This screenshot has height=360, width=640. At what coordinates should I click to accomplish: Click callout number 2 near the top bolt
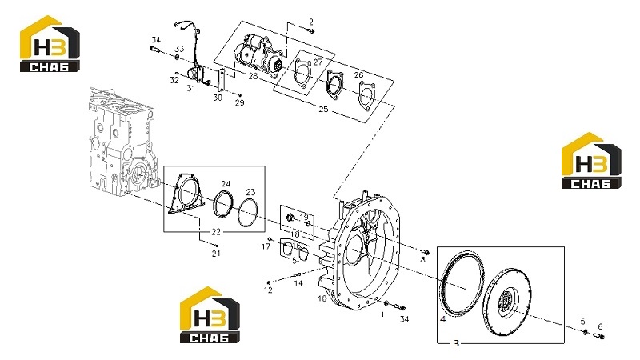(x=311, y=22)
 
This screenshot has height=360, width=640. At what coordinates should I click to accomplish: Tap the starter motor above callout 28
(x=258, y=55)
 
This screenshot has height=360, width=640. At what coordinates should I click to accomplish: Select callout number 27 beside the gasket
(x=318, y=62)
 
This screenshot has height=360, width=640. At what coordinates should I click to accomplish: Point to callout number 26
(x=358, y=75)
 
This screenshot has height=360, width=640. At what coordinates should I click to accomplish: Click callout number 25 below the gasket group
(x=323, y=110)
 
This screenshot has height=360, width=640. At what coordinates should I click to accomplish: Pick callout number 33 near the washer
(x=179, y=49)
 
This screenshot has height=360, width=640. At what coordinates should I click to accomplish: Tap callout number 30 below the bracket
(x=218, y=98)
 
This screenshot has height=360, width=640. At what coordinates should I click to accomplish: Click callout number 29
(x=239, y=103)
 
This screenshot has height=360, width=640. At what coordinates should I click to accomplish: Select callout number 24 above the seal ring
(x=226, y=184)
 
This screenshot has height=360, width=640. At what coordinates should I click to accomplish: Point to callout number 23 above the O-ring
(x=250, y=192)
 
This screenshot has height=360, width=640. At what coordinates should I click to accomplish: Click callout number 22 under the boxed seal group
(x=216, y=232)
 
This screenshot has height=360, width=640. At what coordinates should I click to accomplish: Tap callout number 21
(x=216, y=254)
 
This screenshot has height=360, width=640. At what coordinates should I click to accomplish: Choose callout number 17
(x=266, y=246)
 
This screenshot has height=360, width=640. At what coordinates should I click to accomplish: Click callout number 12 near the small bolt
(x=268, y=290)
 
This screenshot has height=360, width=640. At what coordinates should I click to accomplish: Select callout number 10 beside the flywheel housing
(x=322, y=298)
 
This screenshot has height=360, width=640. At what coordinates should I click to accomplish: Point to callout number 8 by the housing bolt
(x=422, y=259)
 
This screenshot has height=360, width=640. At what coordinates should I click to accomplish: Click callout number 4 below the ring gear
(x=443, y=319)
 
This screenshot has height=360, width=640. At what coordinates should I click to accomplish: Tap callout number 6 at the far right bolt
(x=600, y=326)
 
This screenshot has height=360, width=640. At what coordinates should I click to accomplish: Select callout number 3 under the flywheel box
(x=456, y=343)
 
